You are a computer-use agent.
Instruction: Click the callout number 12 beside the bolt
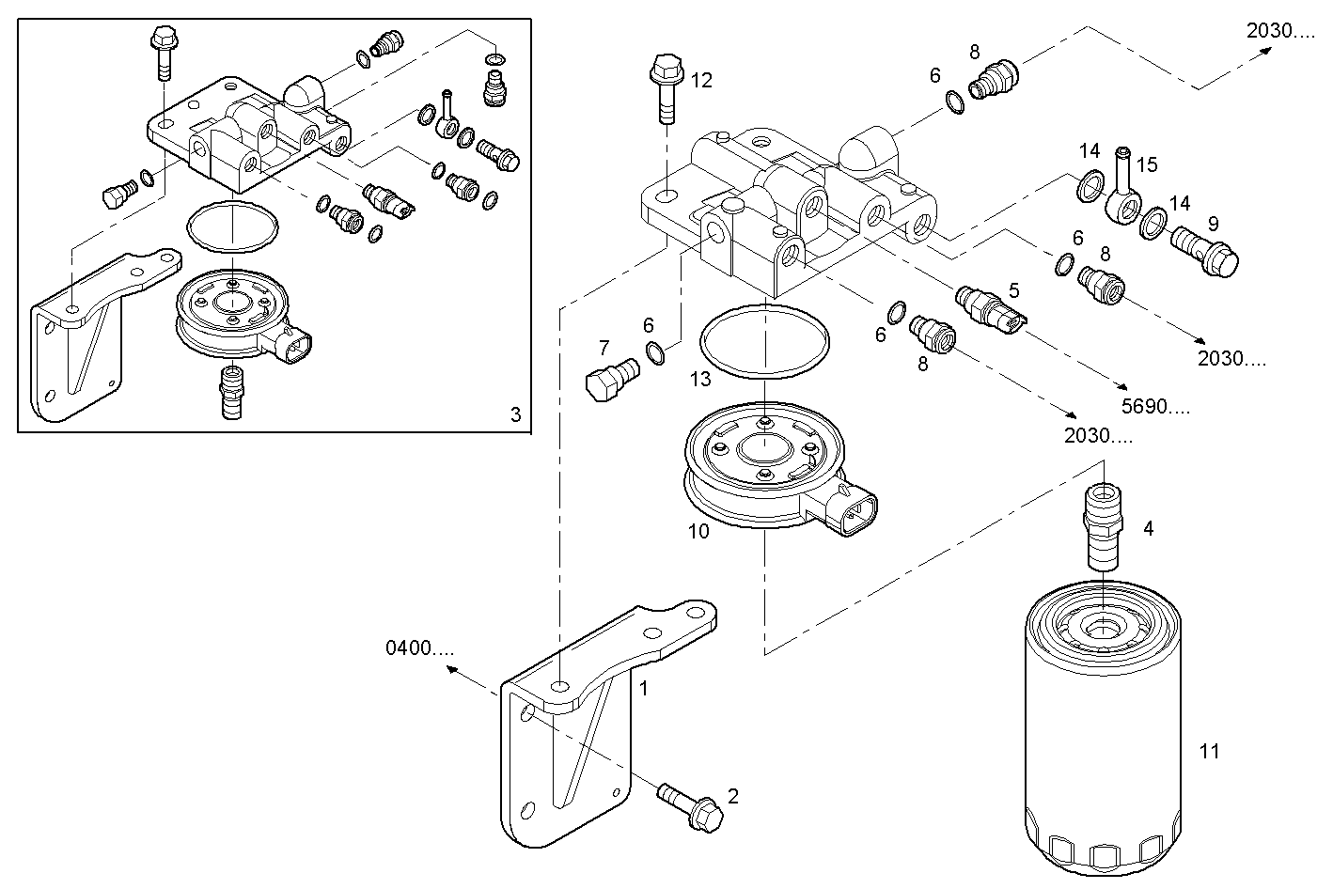coord(701,80)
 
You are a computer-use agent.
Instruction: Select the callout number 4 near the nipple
coord(1148,528)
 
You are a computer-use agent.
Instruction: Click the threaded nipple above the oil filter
coord(1101,525)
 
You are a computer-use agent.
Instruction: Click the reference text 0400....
coord(419,647)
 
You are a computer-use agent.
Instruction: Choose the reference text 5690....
coord(1156,406)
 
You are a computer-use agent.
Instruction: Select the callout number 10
coord(698,531)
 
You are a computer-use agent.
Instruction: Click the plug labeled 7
coord(610,381)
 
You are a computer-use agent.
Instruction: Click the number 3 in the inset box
coord(515,414)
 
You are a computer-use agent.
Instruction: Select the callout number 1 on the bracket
coord(644,688)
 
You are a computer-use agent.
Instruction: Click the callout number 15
coord(1147,164)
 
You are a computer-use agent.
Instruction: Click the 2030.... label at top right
coord(1280,30)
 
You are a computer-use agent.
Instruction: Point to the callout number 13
coord(700,379)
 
